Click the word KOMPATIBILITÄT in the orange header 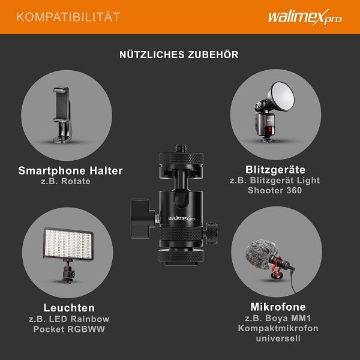tap(68, 17)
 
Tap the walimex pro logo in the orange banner tap(305, 17)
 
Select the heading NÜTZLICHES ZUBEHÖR tap(179, 55)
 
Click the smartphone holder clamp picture tap(62, 115)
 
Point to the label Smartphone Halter tap(70, 170)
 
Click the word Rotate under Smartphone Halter tap(76, 181)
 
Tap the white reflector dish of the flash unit tap(283, 96)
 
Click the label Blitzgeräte tap(275, 170)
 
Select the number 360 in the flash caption tap(294, 190)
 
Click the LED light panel tap(68, 244)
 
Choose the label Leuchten tap(69, 308)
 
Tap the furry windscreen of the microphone tap(259, 254)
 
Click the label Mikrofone tap(278, 307)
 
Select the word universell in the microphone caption tap(278, 338)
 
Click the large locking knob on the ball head tap(140, 218)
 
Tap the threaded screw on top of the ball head tap(181, 148)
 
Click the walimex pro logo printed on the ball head tap(181, 218)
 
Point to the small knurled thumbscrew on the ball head tap(211, 233)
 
